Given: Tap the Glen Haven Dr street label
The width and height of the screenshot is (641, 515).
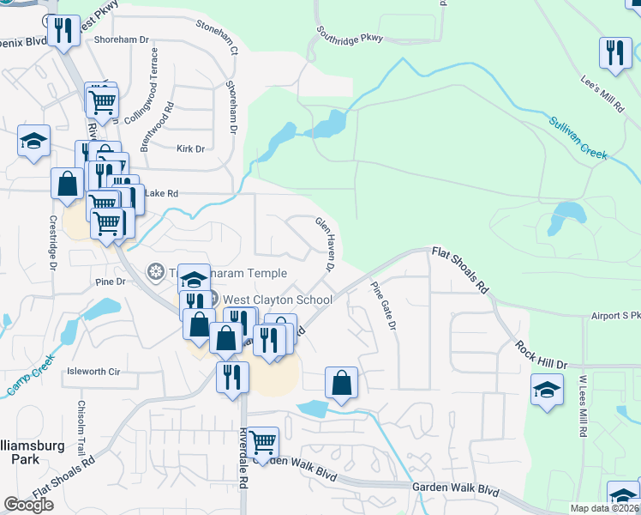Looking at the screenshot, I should point(325,244).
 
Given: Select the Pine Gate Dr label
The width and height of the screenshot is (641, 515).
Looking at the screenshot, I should point(383,306).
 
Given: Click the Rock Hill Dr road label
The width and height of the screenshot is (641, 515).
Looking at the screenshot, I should point(542,354).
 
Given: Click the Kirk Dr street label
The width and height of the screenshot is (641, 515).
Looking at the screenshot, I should point(190,148).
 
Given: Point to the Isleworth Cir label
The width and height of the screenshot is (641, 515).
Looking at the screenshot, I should point(94,372).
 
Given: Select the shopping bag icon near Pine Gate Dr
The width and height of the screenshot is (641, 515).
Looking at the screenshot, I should point(341,383).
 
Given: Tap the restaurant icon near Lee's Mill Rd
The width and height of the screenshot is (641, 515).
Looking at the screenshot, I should point(615,52).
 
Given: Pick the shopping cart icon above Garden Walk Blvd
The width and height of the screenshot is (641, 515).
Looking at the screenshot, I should point(264,442).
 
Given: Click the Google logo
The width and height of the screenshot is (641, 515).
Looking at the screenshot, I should point(29,505).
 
